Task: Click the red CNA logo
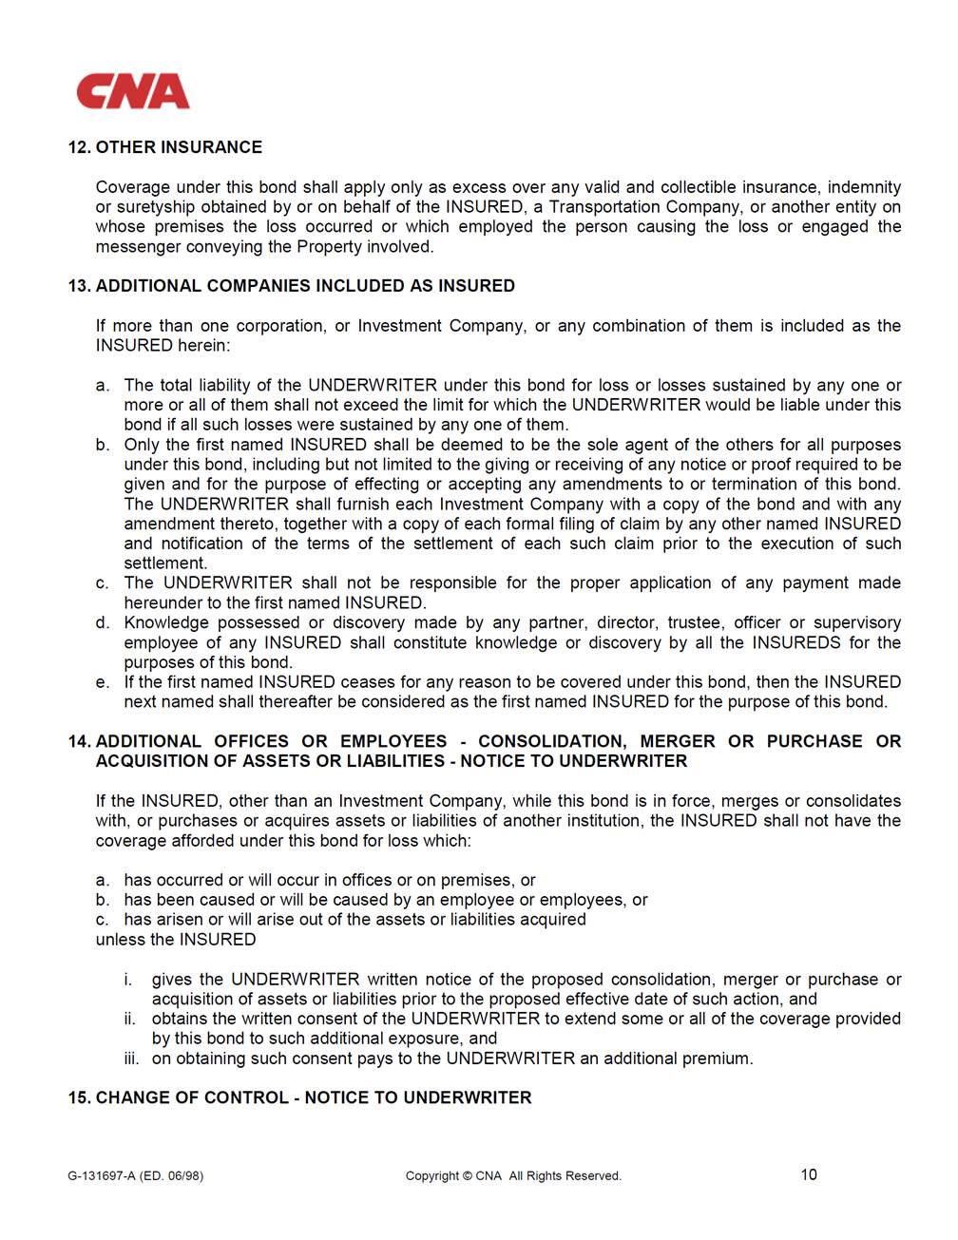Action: pos(133,91)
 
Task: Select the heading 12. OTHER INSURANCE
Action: pos(164,147)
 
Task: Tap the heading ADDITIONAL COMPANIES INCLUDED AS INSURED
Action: pos(305,286)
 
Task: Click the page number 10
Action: pos(809,1174)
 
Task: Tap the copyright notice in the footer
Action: pos(513,1176)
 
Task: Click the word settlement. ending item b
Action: pos(165,563)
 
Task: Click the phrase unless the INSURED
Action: pos(176,940)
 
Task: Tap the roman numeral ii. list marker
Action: pos(130,1019)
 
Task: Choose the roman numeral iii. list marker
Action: pos(130,1059)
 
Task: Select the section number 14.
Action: pos(79,741)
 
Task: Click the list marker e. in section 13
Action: pos(103,682)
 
